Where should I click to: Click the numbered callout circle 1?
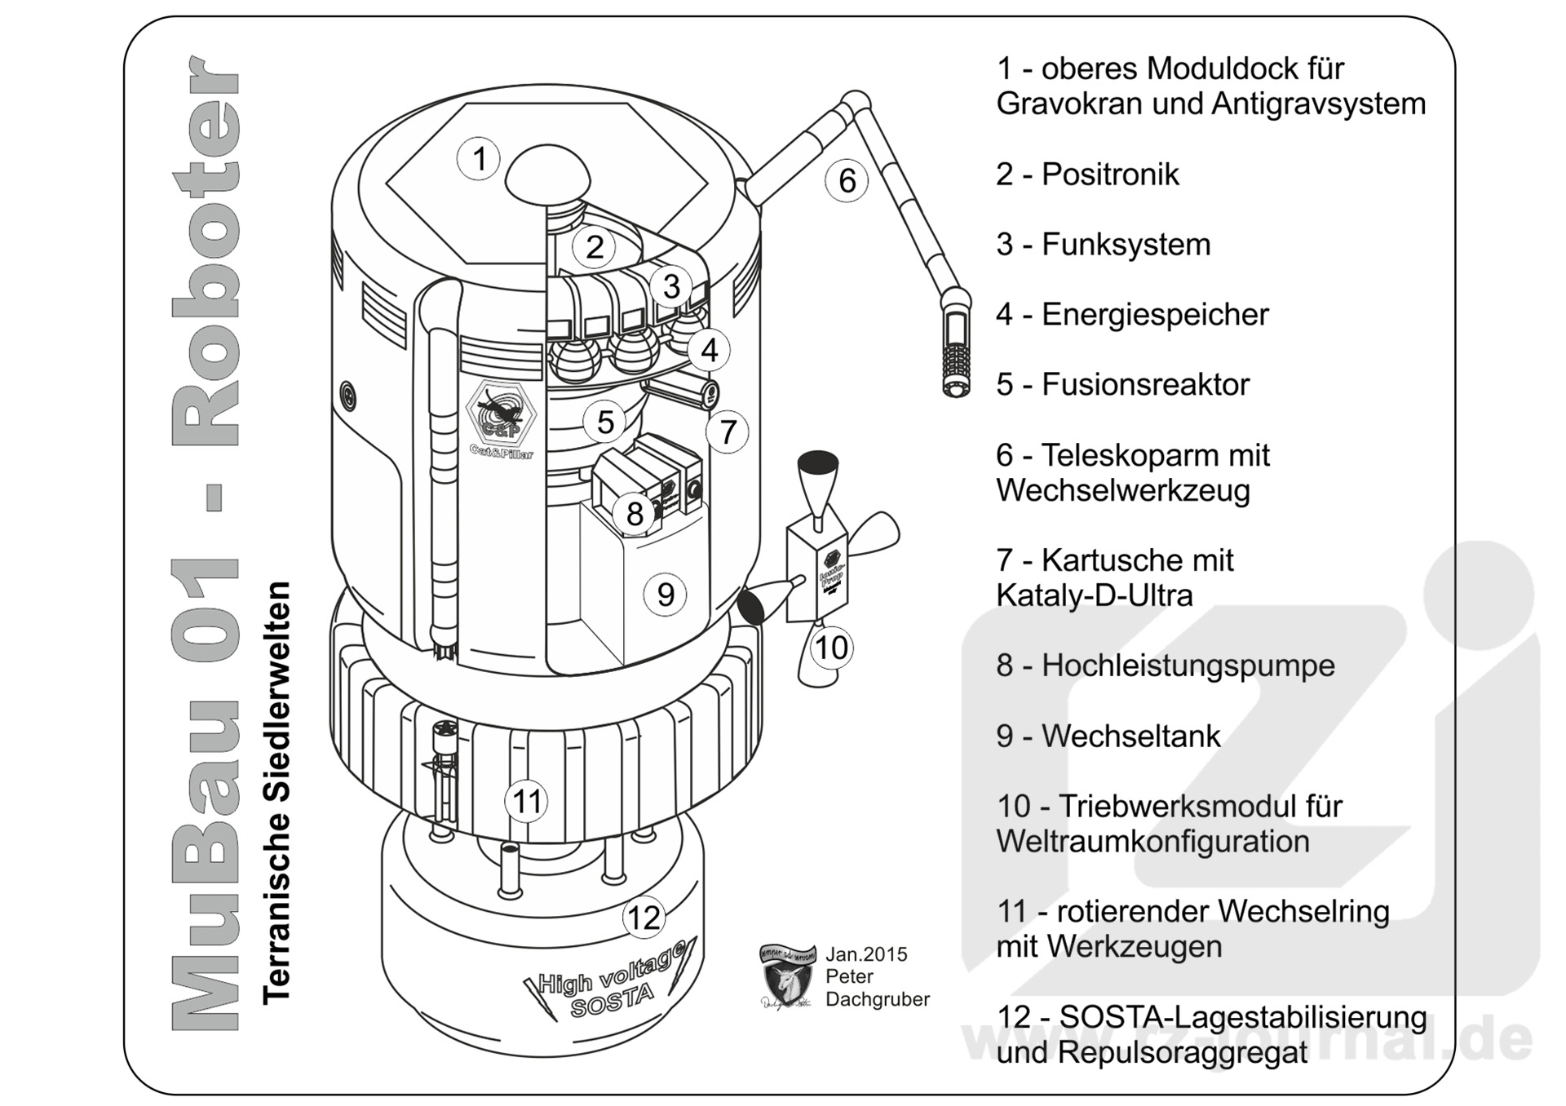coord(479,159)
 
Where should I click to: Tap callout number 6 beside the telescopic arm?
coord(847,180)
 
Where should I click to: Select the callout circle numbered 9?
coord(665,594)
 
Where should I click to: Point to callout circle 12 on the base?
coord(644,918)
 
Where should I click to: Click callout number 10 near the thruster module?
coord(831,648)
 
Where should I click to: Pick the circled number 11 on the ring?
coord(526,801)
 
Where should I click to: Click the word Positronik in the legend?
coord(1110,175)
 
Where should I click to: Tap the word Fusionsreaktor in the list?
coord(1145,385)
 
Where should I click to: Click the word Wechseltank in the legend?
coord(1130,736)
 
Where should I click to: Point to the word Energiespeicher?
coord(1155,315)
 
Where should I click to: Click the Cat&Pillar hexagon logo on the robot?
coord(500,414)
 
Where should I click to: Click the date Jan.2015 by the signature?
coord(866,954)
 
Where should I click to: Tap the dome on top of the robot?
coord(547,174)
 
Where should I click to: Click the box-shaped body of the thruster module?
coord(816,571)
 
